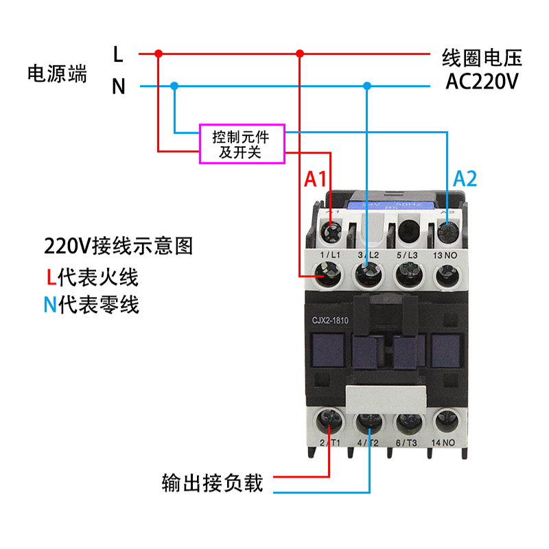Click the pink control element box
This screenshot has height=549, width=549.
coord(242,143)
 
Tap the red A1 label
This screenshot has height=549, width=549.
coord(316,179)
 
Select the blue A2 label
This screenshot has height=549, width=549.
coord(465,179)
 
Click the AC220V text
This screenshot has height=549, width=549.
coord(482,82)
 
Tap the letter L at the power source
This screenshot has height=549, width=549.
coord(118,53)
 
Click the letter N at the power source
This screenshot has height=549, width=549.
coord(118,86)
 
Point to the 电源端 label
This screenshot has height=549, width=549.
coord(57,73)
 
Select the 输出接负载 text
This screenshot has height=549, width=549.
coord(213,483)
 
